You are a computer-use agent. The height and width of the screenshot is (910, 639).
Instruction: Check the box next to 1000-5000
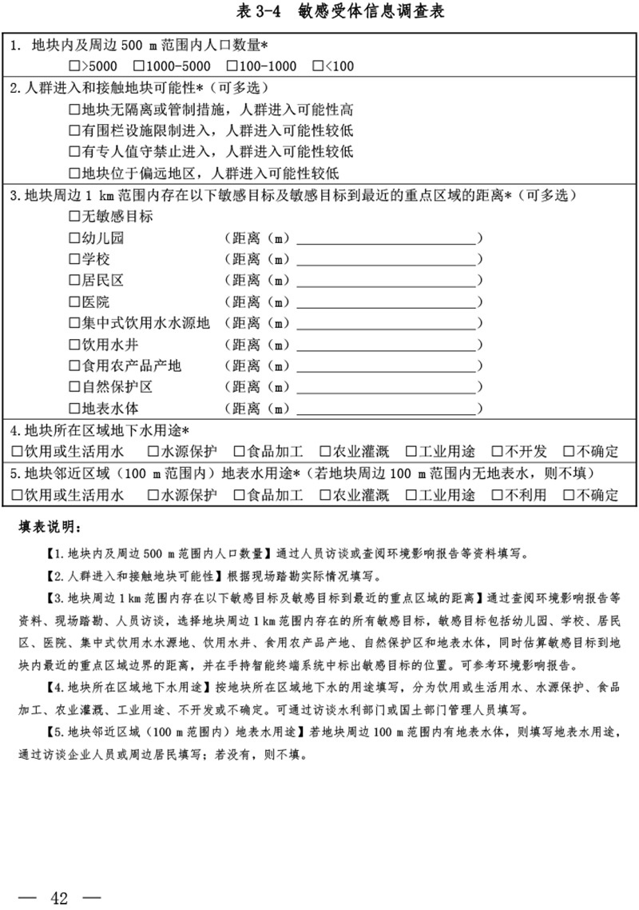[x=138, y=66]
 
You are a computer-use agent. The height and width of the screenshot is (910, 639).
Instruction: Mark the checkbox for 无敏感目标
[x=75, y=217]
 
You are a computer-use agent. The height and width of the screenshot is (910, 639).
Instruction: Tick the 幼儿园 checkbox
[x=75, y=238]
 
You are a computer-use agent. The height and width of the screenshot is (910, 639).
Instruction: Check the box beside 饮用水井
[x=75, y=345]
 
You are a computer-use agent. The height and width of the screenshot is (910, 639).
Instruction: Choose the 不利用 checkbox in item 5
[x=497, y=495]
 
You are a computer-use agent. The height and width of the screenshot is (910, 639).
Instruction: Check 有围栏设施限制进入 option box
[x=75, y=130]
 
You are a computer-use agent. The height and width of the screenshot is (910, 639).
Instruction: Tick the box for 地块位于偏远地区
[x=75, y=173]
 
